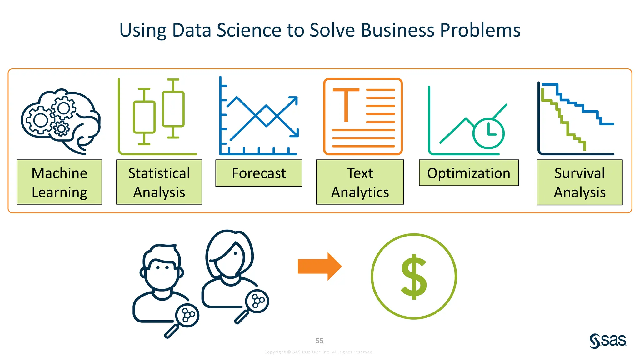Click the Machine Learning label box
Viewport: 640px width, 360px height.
[x=59, y=182]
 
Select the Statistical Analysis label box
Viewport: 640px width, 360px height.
[x=159, y=182]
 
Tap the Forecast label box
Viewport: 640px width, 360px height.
[x=259, y=173]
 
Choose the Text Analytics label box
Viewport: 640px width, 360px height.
[x=360, y=182]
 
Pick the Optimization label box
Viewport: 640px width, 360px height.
[x=469, y=173]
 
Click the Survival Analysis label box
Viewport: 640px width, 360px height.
[x=580, y=182]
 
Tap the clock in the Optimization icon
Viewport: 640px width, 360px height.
[x=488, y=133]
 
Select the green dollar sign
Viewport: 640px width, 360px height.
[x=414, y=277]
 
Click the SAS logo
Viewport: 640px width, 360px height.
[x=608, y=341]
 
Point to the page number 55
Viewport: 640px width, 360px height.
[x=320, y=341]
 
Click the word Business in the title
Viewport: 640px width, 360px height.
[x=398, y=30]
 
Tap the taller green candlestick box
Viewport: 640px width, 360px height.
[x=173, y=109]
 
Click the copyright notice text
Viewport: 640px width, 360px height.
[x=319, y=352]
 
